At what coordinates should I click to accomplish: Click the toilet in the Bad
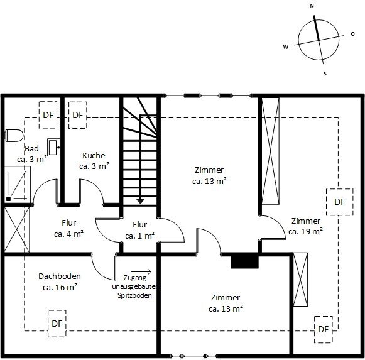click(x=14, y=135)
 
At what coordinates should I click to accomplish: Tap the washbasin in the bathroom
click(x=54, y=147)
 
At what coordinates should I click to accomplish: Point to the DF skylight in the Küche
click(x=78, y=115)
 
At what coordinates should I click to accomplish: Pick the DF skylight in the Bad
click(x=48, y=115)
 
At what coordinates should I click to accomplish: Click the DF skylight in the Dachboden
click(x=57, y=324)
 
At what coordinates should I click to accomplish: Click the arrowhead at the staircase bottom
click(x=140, y=201)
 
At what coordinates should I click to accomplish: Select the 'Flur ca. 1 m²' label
click(x=139, y=231)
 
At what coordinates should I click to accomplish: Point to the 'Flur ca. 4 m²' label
click(x=68, y=229)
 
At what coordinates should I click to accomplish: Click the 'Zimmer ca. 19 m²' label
click(x=305, y=226)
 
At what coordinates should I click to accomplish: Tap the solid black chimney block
click(x=244, y=261)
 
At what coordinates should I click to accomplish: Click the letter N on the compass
click(x=312, y=6)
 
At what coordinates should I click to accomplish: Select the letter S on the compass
click(x=325, y=74)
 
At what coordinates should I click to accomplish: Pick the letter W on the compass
click(x=286, y=46)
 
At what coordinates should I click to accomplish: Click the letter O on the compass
click(x=353, y=34)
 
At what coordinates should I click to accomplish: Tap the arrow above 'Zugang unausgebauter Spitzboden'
click(x=141, y=271)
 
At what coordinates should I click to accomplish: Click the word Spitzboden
click(x=134, y=295)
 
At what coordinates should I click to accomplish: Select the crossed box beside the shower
click(x=17, y=229)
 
